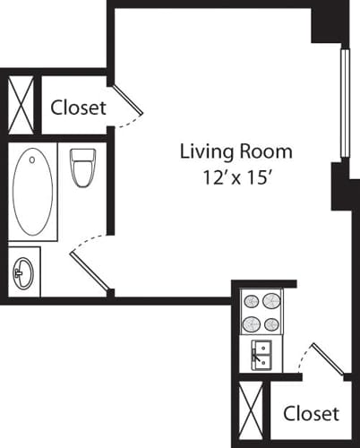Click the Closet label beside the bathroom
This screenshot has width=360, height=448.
click(78, 108)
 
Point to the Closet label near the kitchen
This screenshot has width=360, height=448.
click(311, 413)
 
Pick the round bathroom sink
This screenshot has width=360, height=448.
click(23, 272)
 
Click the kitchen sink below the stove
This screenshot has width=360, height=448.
click(261, 356)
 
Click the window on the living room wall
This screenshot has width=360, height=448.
click(342, 100)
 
